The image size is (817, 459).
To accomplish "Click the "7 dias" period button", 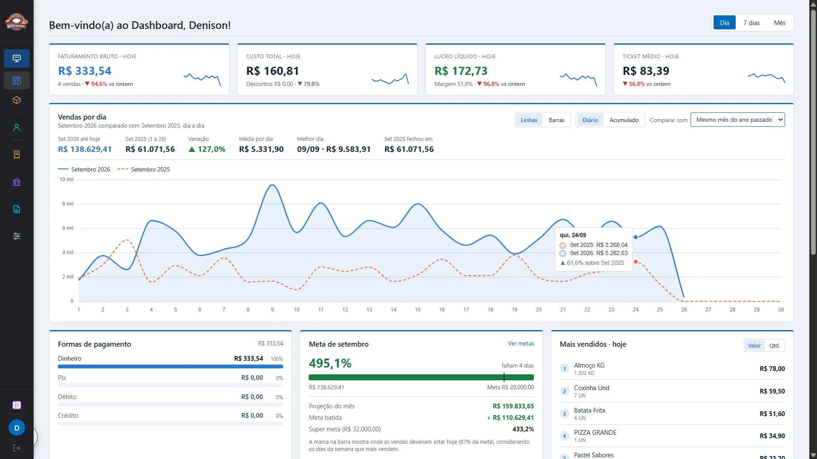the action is coord(751,23).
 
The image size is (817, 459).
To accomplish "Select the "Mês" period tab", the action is coord(780,23).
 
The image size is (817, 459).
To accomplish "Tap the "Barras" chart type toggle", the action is coord(556,120).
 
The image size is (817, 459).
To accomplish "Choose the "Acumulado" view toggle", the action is coord(624,120).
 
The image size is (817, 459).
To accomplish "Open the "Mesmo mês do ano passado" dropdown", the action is coord(737,120).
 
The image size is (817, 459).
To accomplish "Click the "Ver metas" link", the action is coord(521,343).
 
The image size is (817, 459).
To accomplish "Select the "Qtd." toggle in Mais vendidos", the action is coord(774,345).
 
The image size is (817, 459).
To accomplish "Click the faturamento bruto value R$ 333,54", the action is coord(84,71).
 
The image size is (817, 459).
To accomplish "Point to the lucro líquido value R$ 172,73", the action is coord(461,71).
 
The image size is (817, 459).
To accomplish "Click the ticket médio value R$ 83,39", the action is coord(646,71).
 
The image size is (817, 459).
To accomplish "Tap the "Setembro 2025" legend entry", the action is coord(143,169).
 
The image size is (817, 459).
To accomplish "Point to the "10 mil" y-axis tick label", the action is coord(66,180).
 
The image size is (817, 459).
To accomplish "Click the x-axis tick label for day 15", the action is coord(418,310).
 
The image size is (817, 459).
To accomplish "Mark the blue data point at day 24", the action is coord(636,237).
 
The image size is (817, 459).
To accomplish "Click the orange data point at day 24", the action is coord(636,262).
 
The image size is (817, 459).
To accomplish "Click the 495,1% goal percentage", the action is coord(330,363).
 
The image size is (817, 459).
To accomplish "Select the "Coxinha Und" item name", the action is coord(591,388).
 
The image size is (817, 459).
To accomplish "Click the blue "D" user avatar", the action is coord(17,428).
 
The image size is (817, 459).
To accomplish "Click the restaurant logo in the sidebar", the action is coord(17,21).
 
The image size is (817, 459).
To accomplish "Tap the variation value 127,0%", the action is coord(207,149).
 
